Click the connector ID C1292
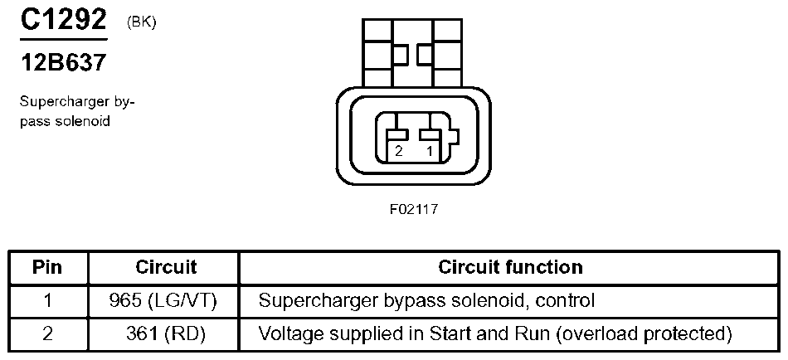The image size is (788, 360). click(x=64, y=21)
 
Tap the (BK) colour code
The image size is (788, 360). click(x=142, y=22)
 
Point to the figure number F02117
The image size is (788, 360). click(x=413, y=210)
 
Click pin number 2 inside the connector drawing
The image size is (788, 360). click(x=399, y=152)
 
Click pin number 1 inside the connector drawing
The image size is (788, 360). click(x=429, y=152)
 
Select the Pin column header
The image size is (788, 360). click(x=47, y=267)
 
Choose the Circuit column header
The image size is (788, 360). click(x=166, y=267)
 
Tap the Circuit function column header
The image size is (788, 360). click(x=510, y=267)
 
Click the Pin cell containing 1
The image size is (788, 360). click(x=47, y=300)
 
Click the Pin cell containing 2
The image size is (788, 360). click(x=47, y=333)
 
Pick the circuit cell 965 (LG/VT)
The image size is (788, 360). click(x=163, y=300)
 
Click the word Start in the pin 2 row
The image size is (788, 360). click(x=446, y=333)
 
